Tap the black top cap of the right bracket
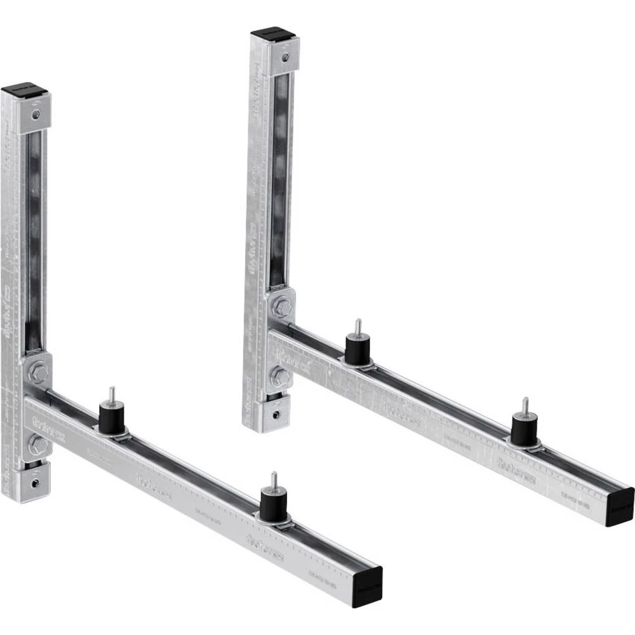(274, 34)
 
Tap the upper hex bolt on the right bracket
(281, 307)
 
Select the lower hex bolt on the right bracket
(279, 377)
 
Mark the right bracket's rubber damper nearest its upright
(358, 350)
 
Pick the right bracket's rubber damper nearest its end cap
(525, 430)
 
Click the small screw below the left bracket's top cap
(36, 114)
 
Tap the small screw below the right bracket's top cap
(285, 58)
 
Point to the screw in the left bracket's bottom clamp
(36, 483)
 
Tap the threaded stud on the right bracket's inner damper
(358, 326)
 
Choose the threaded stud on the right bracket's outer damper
(525, 406)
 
